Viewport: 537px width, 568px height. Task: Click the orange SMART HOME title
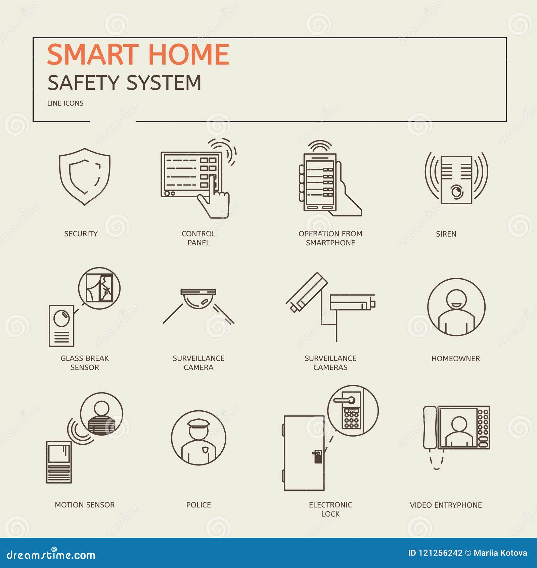[138, 54]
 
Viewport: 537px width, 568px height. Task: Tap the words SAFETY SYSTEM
[124, 83]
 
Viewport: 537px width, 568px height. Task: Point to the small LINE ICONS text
[65, 103]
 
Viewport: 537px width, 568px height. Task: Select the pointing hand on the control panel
[214, 198]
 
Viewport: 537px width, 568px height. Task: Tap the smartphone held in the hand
[320, 182]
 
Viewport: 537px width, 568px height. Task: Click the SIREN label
[446, 234]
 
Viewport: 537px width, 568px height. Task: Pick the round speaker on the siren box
[456, 192]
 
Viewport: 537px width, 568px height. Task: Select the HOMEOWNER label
[455, 359]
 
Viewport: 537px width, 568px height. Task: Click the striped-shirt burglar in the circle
[101, 418]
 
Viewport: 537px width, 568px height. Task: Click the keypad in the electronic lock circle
[351, 418]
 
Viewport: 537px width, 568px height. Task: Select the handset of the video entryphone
[430, 428]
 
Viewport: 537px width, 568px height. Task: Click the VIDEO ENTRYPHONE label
[446, 505]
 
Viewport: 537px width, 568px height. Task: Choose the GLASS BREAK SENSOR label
[85, 363]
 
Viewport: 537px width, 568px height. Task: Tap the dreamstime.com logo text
[51, 555]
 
